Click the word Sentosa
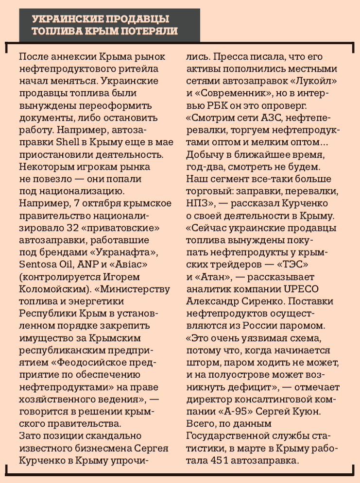pyautogui.click(x=39, y=264)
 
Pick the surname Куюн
pyautogui.click(x=307, y=411)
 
